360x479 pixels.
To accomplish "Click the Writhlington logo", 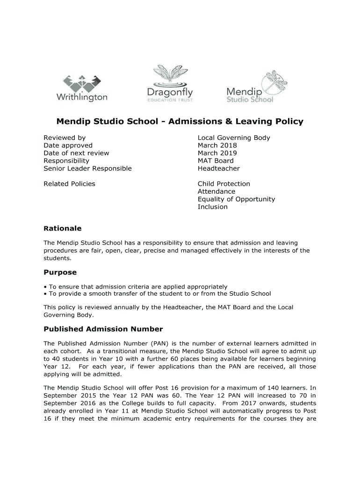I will tap(82, 87).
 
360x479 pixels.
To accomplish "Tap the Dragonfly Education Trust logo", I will tap(170, 84).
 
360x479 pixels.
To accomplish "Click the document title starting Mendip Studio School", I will tap(180, 122).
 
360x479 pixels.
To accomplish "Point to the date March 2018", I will tap(217, 145).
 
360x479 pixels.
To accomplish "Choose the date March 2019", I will tap(217, 153).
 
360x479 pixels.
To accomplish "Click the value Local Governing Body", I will tap(234, 138).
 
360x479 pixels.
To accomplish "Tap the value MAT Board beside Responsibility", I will tap(216, 161).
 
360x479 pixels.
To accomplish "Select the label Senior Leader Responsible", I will tap(87, 168).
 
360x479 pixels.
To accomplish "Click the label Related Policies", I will tap(69, 184).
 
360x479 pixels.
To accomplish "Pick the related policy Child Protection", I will tap(223, 184).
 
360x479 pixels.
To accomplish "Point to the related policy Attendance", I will tap(216, 191).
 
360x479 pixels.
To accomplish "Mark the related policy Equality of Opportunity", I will tap(236, 199).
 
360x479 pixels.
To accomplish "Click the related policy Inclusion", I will tap(213, 207).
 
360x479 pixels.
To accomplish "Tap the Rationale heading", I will tap(62, 228).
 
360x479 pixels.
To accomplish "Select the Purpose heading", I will tap(60, 272).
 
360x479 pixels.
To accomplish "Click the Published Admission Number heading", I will tap(103, 329).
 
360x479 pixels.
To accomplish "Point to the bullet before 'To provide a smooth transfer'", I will tap(45, 294).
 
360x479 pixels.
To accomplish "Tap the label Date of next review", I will tap(76, 153).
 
